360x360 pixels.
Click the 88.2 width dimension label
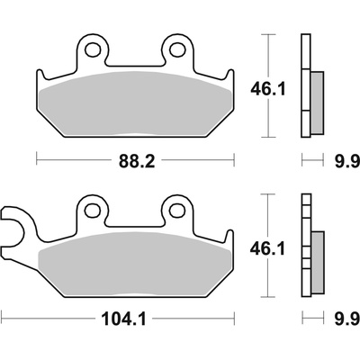point(137,161)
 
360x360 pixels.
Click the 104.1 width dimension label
point(123,319)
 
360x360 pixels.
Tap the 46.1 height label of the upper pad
point(268,89)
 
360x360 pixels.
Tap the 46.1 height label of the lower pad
point(267,249)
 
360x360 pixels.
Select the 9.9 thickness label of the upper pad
point(347,162)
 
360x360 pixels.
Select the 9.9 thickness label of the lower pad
point(347,319)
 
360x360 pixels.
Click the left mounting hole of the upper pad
point(92,49)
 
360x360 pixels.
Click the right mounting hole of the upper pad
point(177,49)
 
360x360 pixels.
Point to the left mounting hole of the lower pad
point(92,210)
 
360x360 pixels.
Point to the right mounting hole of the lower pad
point(177,210)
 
